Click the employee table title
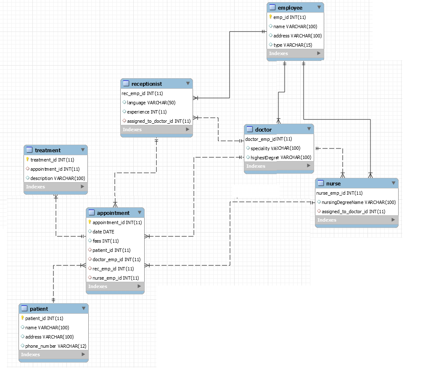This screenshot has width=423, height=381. [x=290, y=8]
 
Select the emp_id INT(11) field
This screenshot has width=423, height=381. [x=289, y=17]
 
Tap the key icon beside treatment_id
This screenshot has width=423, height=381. [x=27, y=160]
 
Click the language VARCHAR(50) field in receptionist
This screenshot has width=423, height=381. [x=151, y=103]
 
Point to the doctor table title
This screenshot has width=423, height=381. [x=263, y=130]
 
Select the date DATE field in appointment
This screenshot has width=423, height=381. [x=103, y=232]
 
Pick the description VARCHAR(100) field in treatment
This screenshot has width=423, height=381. [x=58, y=178]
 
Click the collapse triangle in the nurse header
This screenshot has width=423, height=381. [x=394, y=183]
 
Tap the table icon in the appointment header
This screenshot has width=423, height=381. [x=92, y=213]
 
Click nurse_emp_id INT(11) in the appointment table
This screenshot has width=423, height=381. [x=116, y=278]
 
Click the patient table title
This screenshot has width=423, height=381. [x=39, y=309]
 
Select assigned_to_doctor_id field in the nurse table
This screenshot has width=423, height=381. [x=353, y=212]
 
